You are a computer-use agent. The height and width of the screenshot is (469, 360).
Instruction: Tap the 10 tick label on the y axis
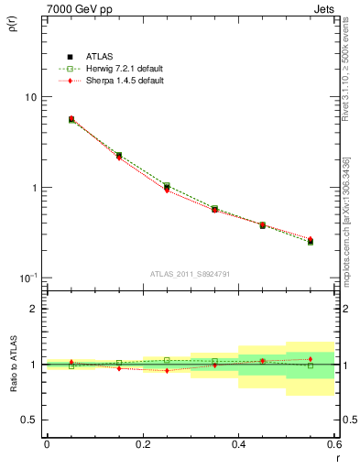point(29,97)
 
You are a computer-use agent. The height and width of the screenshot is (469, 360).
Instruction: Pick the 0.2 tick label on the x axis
point(142,443)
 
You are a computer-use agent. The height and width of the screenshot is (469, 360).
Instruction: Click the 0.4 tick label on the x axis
point(238,443)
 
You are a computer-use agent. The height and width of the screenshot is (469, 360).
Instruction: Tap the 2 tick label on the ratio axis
point(33,310)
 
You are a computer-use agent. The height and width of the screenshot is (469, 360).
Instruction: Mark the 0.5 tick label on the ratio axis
point(29,420)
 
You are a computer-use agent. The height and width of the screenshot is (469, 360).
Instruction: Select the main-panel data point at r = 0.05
point(71,119)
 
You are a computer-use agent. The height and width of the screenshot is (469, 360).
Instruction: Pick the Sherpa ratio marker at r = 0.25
point(167,370)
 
